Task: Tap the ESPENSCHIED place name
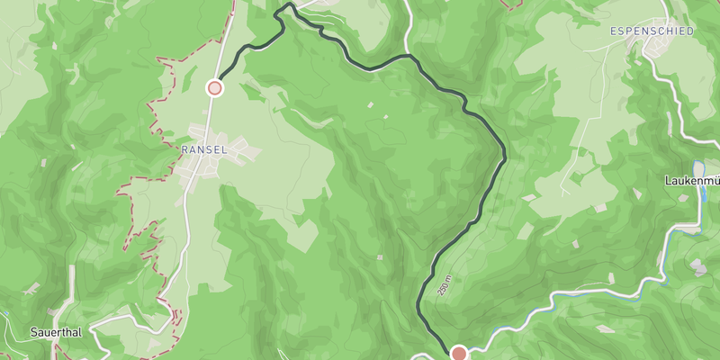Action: coord(652,31)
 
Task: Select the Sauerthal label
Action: coord(55,332)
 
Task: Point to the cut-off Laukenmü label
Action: coord(692,179)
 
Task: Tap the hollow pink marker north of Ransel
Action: coord(214,87)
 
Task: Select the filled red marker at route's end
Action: coord(459,353)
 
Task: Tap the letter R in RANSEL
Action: coord(184,148)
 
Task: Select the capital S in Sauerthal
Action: coord(32,332)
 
